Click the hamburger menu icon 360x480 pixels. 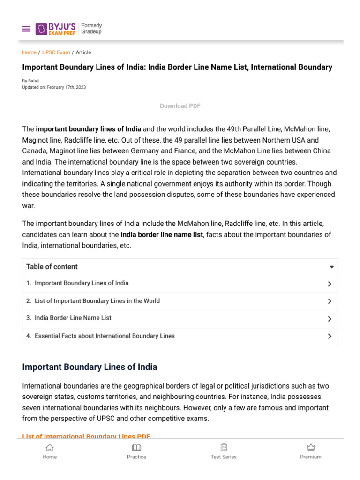pos(26,29)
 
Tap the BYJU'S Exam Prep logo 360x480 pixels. pos(55,29)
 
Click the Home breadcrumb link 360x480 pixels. pos(29,52)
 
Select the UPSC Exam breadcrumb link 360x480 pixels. pos(56,52)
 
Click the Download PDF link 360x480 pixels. pos(180,106)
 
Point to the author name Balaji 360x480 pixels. pos(33,81)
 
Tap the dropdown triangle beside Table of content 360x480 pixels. pos(331,267)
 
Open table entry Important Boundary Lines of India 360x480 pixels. pos(82,283)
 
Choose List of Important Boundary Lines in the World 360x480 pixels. pos(97,301)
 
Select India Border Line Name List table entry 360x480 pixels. pos(73,318)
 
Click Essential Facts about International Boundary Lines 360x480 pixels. pos(105,336)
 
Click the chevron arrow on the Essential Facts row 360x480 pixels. pos(330,336)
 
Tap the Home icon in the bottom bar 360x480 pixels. pos(50,448)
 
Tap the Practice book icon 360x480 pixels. pos(136,448)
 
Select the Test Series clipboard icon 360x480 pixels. pos(224,448)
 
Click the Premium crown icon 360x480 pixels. pos(311,448)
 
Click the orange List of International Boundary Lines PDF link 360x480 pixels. pos(86,436)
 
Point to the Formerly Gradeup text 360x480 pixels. pos(91,29)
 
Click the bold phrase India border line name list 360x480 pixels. pos(162,234)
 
